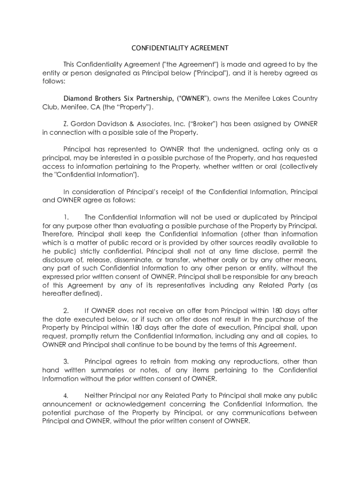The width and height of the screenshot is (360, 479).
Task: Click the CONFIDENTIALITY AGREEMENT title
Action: [x=180, y=48]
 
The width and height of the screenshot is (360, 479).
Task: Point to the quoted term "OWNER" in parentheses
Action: [x=194, y=99]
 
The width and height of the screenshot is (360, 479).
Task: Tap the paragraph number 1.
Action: [x=66, y=218]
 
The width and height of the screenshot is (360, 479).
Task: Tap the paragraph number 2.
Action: [x=66, y=311]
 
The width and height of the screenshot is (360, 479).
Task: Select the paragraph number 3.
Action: [x=66, y=362]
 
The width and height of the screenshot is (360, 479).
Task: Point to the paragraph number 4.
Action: [x=66, y=396]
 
